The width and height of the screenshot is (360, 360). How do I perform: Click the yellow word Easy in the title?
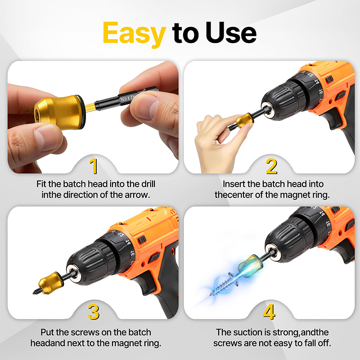(134, 33)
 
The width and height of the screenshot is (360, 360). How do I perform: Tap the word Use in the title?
(231, 32)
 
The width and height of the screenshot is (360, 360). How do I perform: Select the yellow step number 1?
(94, 166)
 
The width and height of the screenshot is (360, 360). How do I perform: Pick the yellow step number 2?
(271, 166)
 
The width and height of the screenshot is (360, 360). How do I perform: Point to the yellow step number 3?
(94, 312)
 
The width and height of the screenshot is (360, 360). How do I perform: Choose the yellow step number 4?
(269, 312)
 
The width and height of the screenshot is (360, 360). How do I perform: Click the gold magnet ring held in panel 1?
(60, 112)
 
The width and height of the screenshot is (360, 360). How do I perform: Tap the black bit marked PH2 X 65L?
(124, 99)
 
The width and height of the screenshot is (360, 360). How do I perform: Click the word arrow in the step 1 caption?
(137, 195)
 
